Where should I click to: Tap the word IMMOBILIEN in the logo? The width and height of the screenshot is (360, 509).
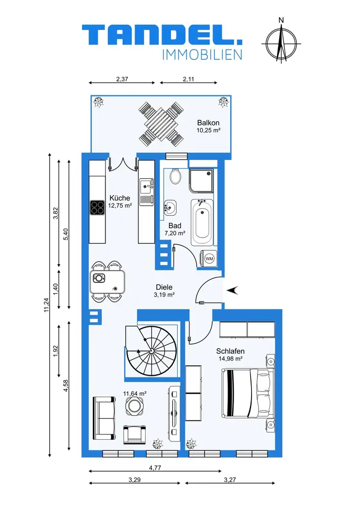pyautogui.click(x=202, y=55)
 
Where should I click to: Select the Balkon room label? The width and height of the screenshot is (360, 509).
pyautogui.click(x=208, y=123)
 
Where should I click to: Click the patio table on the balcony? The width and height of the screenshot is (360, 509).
pyautogui.click(x=160, y=124)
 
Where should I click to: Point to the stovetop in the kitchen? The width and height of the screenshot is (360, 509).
pyautogui.click(x=97, y=208)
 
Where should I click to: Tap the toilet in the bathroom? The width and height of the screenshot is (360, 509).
pyautogui.click(x=175, y=176)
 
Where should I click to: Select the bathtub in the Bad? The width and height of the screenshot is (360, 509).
pyautogui.click(x=202, y=223)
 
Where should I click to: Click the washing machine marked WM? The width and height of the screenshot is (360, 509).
pyautogui.click(x=209, y=259)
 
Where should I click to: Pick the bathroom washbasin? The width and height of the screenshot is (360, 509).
pyautogui.click(x=170, y=207)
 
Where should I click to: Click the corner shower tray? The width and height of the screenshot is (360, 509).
pyautogui.click(x=201, y=181)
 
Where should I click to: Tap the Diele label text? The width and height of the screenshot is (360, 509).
pyautogui.click(x=164, y=287)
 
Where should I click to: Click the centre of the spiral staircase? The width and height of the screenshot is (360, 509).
pyautogui.click(x=151, y=351)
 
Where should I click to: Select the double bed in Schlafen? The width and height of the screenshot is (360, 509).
pyautogui.click(x=247, y=393)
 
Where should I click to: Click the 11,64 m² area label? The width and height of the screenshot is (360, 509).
pyautogui.click(x=135, y=393)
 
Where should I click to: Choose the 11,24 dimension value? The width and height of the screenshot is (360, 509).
pyautogui.click(x=47, y=305)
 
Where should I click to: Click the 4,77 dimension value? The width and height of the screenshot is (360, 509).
pyautogui.click(x=155, y=468)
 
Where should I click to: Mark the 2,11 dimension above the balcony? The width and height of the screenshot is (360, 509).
pyautogui.click(x=188, y=79)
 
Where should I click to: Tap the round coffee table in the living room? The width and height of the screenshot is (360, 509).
pyautogui.click(x=134, y=406)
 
